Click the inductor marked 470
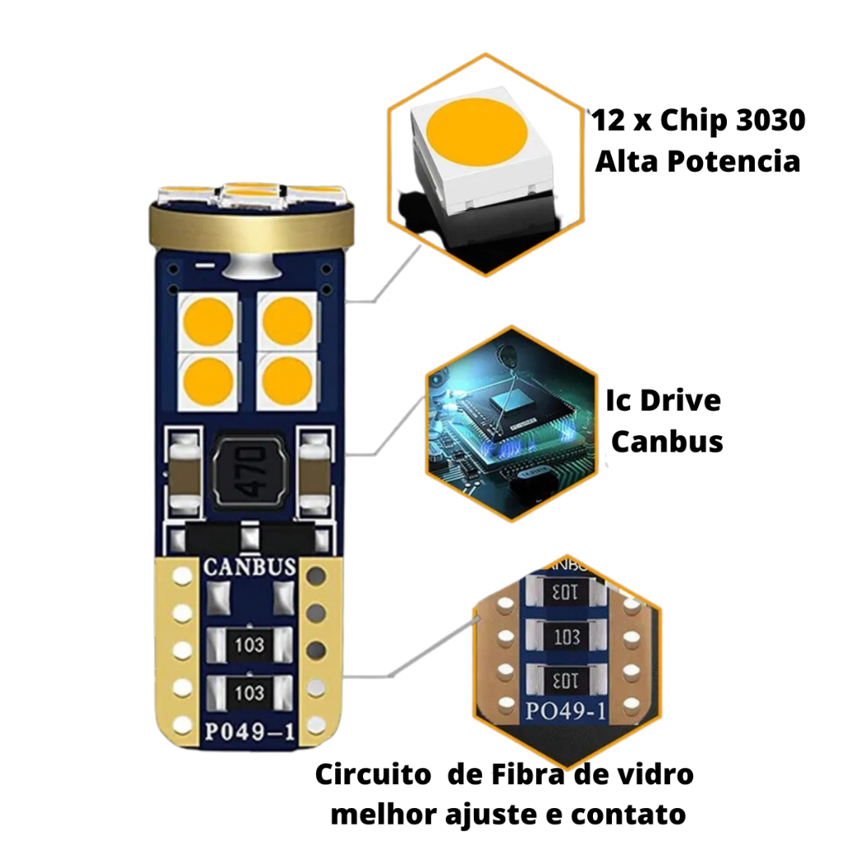pos(248,471)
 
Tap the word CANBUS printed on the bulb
pos(250,567)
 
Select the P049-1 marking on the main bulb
pos(250,732)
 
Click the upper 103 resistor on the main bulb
pos(250,645)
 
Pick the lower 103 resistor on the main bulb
pos(250,692)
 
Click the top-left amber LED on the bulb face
pos(208,321)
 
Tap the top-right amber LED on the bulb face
pos(287,321)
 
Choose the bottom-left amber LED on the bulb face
pos(208,381)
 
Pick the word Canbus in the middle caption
pos(667,442)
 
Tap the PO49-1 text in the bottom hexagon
pos(566,711)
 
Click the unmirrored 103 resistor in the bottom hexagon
pos(567,636)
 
